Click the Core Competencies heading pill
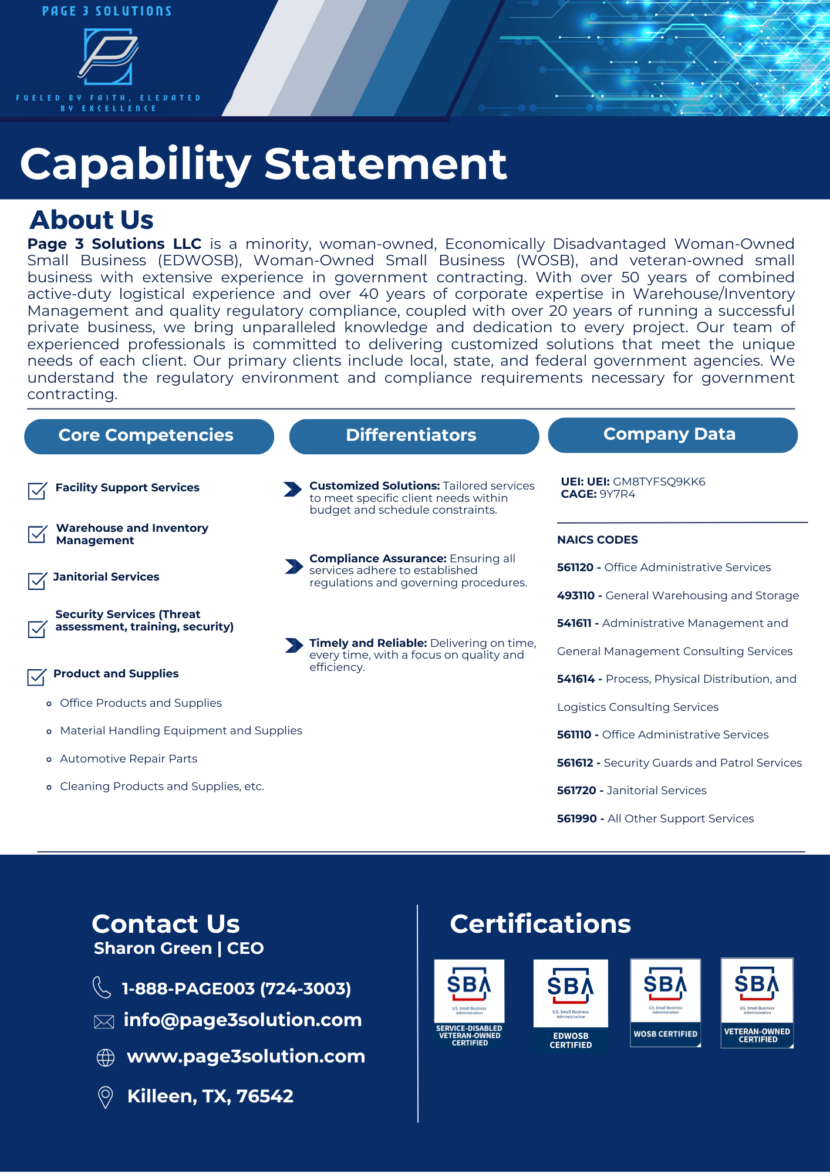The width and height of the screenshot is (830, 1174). tap(149, 436)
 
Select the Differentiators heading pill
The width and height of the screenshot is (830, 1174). tap(414, 436)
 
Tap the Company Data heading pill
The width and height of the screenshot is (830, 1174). tap(673, 435)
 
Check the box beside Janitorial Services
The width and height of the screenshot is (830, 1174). tap(37, 581)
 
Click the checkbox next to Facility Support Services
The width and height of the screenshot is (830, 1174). tap(37, 491)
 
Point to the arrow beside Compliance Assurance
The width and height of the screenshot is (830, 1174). tap(293, 566)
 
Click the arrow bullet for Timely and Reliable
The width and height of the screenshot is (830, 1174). tap(293, 646)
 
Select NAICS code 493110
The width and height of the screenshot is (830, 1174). tap(576, 596)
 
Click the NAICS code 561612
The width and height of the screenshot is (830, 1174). tap(575, 763)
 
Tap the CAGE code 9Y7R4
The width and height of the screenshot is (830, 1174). tap(617, 494)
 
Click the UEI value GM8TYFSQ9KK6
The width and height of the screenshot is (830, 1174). tap(659, 482)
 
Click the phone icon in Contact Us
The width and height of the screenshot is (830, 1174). tap(102, 987)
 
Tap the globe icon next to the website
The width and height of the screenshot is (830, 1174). tap(106, 1058)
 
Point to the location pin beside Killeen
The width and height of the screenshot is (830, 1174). tap(106, 1097)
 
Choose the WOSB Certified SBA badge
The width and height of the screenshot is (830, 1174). tap(666, 1003)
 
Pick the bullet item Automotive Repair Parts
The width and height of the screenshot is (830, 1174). tap(129, 759)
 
